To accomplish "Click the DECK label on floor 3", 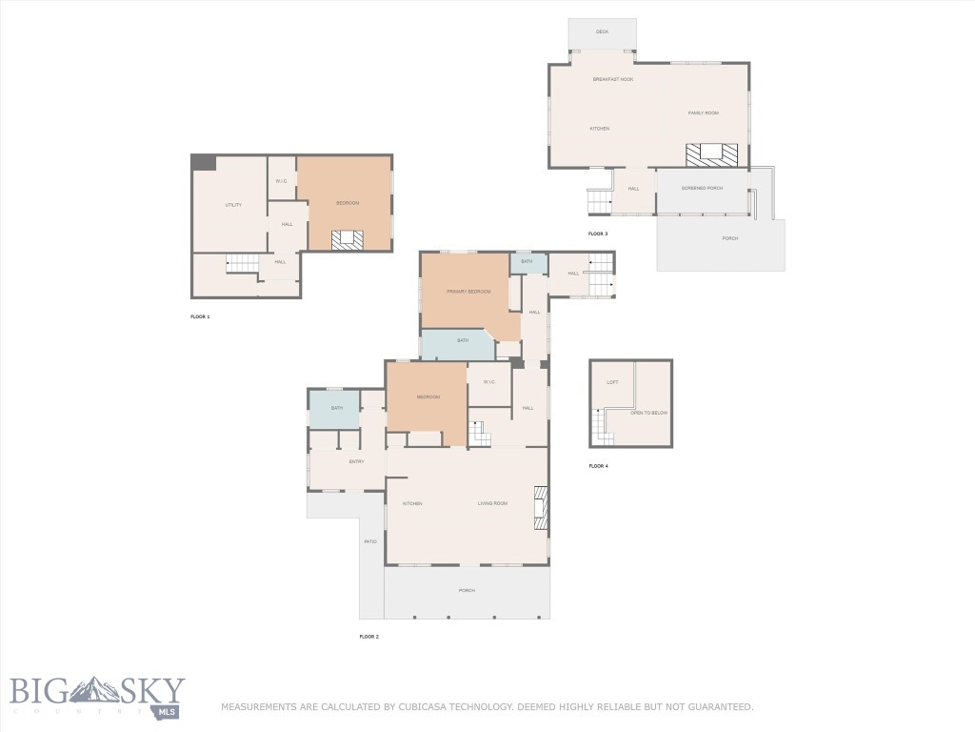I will [602, 31].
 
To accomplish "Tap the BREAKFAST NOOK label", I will [612, 79].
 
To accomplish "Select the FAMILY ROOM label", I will [704, 112].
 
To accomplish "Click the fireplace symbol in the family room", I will [711, 154].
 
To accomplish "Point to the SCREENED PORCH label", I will [702, 188].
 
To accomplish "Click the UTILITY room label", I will [233, 205].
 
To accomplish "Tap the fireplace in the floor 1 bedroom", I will [347, 240].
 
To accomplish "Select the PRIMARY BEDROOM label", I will [468, 291].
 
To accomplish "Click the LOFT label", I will [612, 382].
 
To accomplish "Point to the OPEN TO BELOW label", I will [648, 413].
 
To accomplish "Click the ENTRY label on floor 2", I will [356, 462].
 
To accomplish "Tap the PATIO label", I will [369, 541].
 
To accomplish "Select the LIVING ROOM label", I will [492, 503].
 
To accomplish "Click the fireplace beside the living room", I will [541, 507].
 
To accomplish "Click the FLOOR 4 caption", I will [598, 466].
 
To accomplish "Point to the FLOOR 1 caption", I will [200, 315].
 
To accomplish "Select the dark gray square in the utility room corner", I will [203, 163].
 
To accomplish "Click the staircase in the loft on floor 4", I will [598, 425].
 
